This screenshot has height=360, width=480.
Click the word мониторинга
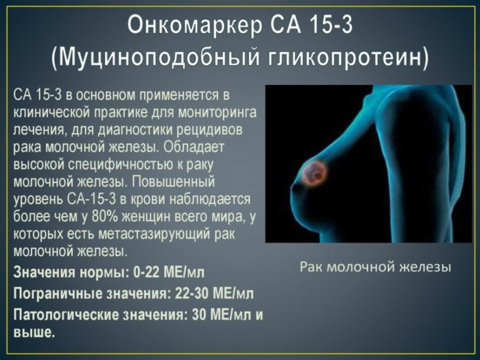(208, 111)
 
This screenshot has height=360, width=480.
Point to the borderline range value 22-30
(191, 293)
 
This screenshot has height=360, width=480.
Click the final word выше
(32, 332)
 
